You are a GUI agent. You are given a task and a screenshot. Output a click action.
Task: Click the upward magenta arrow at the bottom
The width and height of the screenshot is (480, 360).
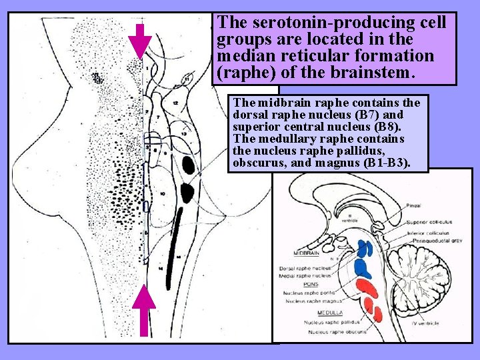coord(143,313)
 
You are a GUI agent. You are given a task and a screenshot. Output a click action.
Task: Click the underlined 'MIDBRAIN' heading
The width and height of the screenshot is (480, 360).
coord(307,253)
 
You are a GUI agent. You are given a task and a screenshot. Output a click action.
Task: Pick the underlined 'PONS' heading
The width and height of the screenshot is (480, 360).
coord(292,284)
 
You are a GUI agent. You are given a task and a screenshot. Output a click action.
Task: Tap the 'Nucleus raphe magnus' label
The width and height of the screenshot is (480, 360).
coord(310,301)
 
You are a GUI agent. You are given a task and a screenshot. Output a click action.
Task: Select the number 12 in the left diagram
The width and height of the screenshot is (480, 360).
coord(175,103)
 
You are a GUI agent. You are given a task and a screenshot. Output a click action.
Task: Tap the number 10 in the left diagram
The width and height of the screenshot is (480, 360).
coord(163,193)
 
